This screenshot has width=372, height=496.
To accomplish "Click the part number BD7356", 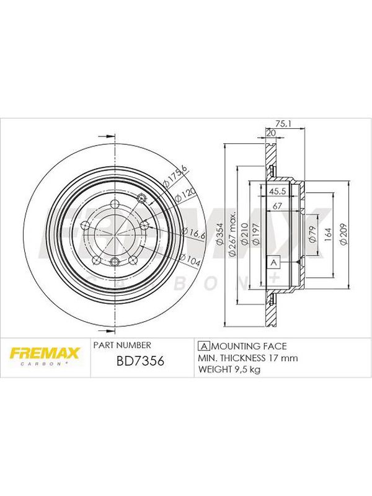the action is coord(141,361).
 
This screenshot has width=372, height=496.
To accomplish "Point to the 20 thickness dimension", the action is coord(271,133).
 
